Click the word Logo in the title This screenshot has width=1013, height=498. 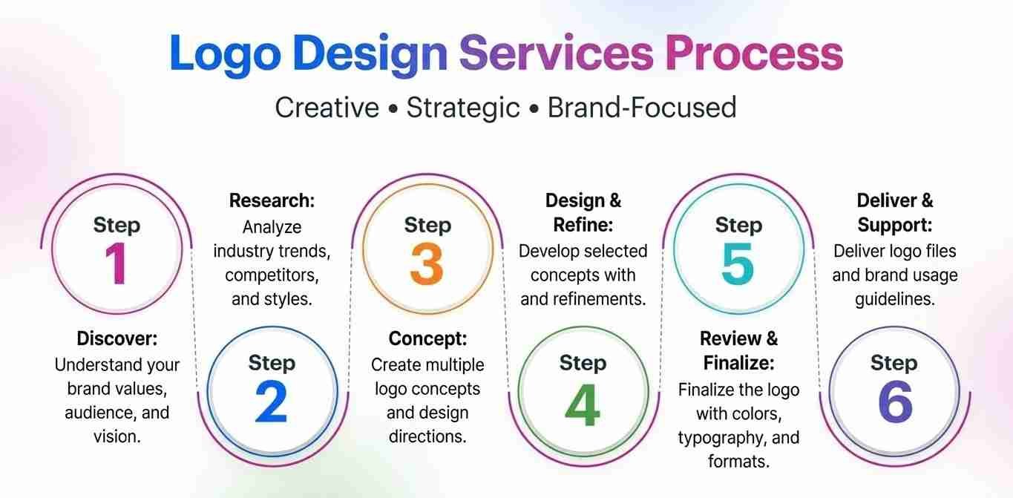click(x=225, y=54)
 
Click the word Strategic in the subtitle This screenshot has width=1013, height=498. click(x=462, y=108)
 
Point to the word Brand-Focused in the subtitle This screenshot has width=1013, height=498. click(x=642, y=107)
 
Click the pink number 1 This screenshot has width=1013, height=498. click(x=117, y=263)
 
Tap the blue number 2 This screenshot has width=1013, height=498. click(x=272, y=402)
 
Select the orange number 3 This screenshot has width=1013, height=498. click(x=427, y=263)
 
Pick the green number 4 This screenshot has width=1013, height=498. click(x=583, y=404)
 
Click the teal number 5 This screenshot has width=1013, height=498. click(x=738, y=263)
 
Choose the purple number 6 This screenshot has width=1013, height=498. click(x=895, y=402)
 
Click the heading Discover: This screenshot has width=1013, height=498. click(x=117, y=338)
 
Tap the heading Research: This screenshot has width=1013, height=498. click(x=272, y=200)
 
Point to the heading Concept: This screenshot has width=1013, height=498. click(x=427, y=338)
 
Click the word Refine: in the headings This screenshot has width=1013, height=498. click(x=583, y=225)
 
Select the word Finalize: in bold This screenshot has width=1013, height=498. click(x=738, y=363)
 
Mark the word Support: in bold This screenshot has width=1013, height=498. click(x=894, y=226)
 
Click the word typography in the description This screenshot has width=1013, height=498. click(x=719, y=439)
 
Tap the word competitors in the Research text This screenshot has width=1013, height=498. click(x=272, y=275)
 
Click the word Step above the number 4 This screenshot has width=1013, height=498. click(x=583, y=363)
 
